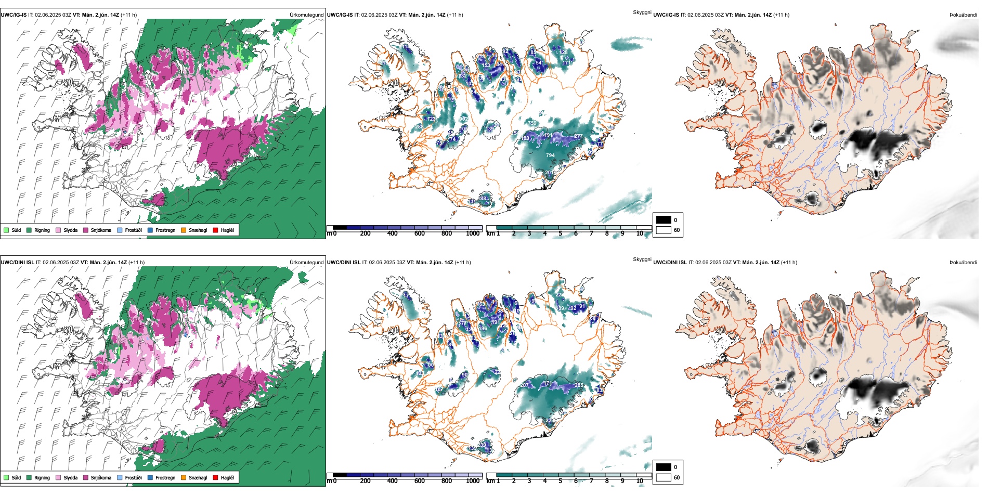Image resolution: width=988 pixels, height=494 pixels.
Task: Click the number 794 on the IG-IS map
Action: [x=550, y=155]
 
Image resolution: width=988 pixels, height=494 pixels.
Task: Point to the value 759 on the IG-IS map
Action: [x=532, y=123]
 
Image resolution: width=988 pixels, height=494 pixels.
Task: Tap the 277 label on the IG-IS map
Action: [x=578, y=136]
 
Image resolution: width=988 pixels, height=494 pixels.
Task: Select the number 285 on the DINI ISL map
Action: [x=579, y=385]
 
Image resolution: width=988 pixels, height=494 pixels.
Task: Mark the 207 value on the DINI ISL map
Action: [x=525, y=385]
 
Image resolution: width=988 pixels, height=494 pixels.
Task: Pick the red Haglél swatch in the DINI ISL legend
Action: [x=216, y=478]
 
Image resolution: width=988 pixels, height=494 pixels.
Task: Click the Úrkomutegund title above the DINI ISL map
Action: [x=306, y=263]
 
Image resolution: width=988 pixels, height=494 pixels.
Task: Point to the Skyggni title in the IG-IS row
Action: [x=642, y=12]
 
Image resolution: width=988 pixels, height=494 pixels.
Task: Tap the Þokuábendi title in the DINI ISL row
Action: [x=963, y=263]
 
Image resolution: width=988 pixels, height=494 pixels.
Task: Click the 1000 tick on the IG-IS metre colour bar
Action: [x=473, y=234]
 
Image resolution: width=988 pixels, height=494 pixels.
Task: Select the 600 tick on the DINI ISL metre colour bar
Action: [x=419, y=481]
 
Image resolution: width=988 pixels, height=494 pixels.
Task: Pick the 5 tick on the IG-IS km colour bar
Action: [x=560, y=234]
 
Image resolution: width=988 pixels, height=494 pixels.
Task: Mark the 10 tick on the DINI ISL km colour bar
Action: [x=639, y=481]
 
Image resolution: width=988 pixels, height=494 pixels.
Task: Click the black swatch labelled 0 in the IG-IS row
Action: [x=664, y=220]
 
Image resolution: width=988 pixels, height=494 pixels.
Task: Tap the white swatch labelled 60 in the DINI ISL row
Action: [x=664, y=477]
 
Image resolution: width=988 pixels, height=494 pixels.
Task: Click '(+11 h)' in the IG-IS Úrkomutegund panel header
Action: [x=129, y=15]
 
